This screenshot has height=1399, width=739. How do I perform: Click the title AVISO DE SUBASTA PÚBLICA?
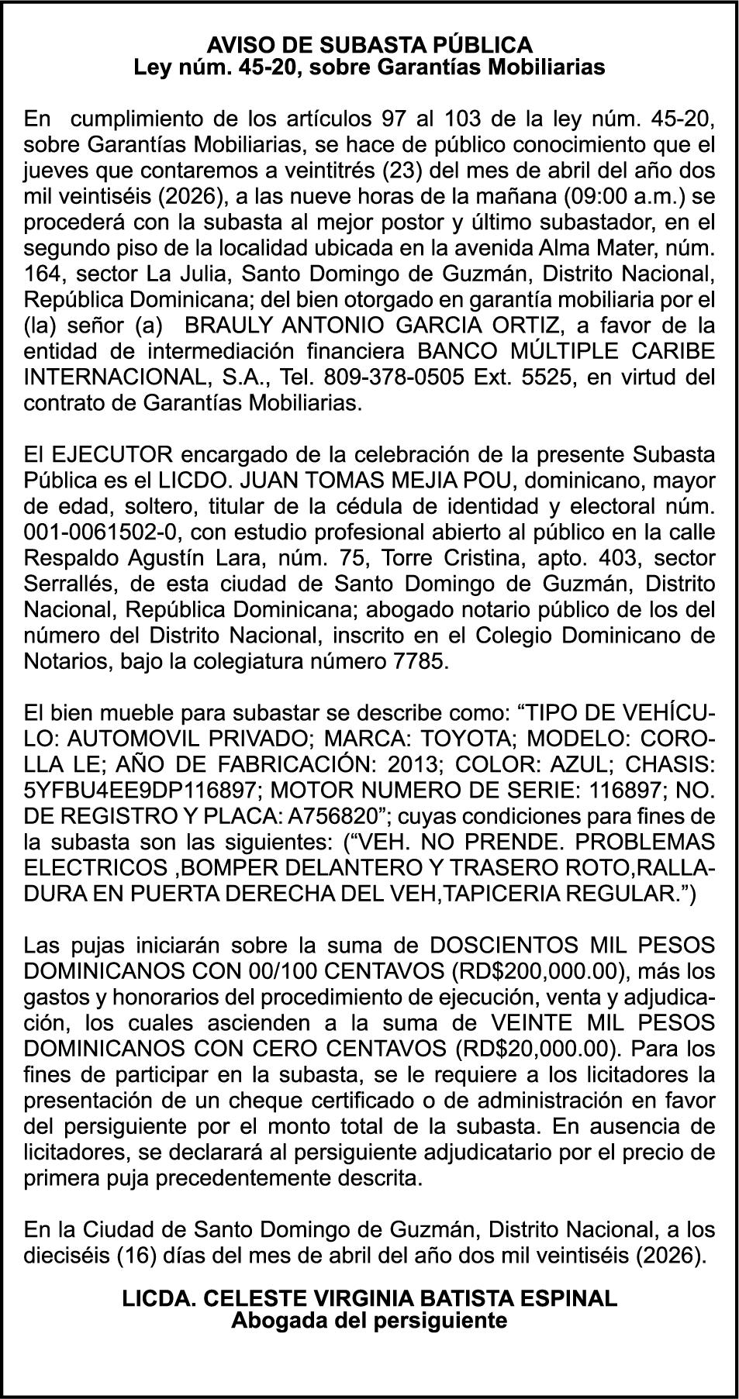tap(369, 43)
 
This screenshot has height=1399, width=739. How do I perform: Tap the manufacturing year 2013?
tap(414, 765)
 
